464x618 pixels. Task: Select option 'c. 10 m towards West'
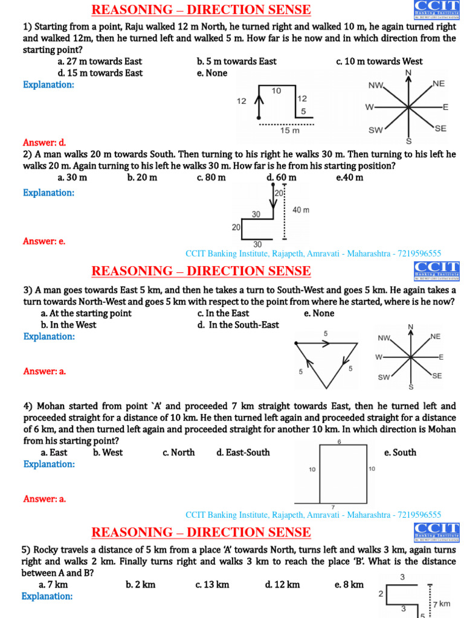pyautogui.click(x=379, y=62)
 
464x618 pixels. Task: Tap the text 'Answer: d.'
pyautogui.click(x=44, y=143)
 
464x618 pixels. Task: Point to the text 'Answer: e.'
pyautogui.click(x=44, y=241)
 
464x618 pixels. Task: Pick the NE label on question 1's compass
pyautogui.click(x=439, y=84)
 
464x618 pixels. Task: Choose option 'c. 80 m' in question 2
pyautogui.click(x=211, y=177)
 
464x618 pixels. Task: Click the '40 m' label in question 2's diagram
pyautogui.click(x=301, y=210)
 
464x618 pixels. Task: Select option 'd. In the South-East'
pyautogui.click(x=238, y=325)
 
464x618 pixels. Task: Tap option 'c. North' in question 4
pyautogui.click(x=178, y=453)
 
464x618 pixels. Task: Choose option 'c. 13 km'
pyautogui.click(x=212, y=585)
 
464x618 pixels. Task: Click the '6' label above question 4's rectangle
pyautogui.click(x=339, y=442)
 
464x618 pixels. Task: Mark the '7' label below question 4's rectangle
pyautogui.click(x=333, y=507)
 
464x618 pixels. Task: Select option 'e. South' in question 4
pyautogui.click(x=400, y=453)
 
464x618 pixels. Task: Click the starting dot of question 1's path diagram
pyautogui.click(x=259, y=116)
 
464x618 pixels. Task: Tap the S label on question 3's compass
pyautogui.click(x=411, y=386)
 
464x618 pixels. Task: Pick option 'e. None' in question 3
pyautogui.click(x=319, y=313)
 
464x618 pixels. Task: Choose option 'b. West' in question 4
pyautogui.click(x=108, y=453)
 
